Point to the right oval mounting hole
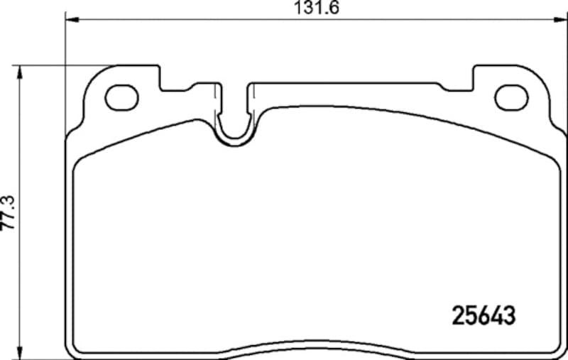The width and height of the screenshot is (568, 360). [511, 97]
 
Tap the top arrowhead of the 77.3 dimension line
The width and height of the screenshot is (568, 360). [20, 70]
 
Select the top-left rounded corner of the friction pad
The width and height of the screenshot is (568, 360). [80, 159]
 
